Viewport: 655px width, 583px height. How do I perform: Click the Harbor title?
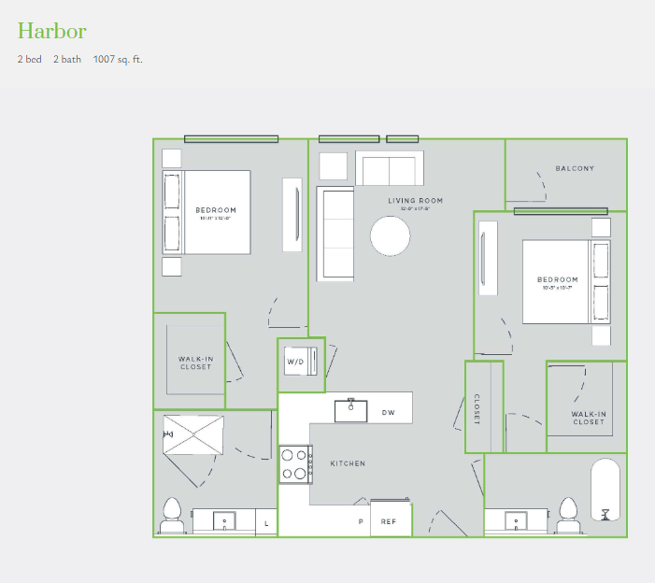coord(52,31)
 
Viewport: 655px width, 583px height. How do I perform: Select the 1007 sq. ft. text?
coord(118,60)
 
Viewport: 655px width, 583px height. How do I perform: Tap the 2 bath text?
coord(67,60)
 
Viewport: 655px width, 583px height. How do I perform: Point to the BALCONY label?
coord(575,169)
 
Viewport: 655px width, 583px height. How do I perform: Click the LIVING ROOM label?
coord(416,201)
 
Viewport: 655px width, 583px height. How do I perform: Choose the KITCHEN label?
coord(348,463)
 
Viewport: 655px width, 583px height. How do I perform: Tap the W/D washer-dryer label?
coord(295,362)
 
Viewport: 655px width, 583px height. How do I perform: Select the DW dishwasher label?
coord(388,411)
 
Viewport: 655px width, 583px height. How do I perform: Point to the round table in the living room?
coord(391,235)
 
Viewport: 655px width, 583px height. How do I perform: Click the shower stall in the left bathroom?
coord(193,434)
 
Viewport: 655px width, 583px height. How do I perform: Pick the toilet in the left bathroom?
coord(171,517)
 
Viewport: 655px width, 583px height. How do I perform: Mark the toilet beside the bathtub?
coord(567,516)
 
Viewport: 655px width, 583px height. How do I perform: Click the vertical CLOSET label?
coord(476,407)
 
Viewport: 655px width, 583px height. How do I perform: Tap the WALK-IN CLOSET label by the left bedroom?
coord(195,363)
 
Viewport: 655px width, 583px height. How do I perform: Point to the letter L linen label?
coord(266,524)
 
